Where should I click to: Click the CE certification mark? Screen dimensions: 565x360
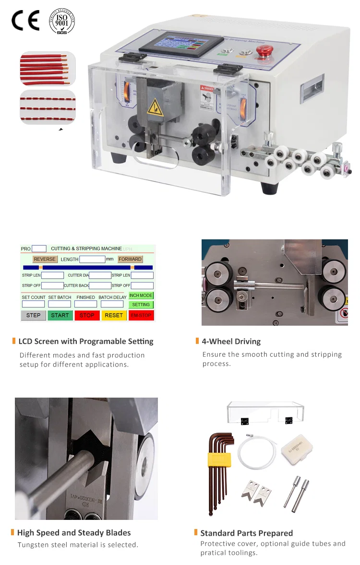tap(25, 21)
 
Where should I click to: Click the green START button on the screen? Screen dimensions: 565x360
tap(60, 315)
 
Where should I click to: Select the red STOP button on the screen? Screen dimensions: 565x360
tap(87, 315)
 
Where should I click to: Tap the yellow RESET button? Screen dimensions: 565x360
tap(114, 315)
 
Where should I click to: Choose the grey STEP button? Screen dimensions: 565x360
tap(34, 315)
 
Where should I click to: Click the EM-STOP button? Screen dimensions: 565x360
tap(141, 315)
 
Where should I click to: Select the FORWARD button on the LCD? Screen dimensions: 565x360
tap(130, 259)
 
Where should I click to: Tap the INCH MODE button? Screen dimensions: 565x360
tap(141, 295)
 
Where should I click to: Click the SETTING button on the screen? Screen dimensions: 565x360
tap(141, 305)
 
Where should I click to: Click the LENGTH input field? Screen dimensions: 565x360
tap(92, 259)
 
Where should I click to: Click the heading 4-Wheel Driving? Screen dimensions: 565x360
tap(231, 341)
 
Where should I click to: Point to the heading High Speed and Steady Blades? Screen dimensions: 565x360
tap(73, 532)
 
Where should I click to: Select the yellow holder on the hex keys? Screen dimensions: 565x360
tap(219, 460)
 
